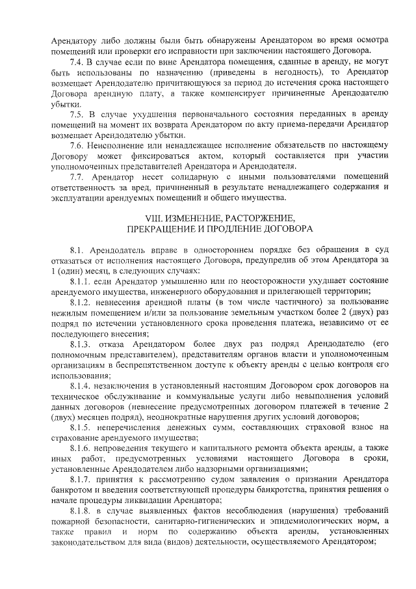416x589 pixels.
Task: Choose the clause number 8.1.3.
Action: [80, 344]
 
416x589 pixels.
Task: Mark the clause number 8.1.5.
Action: [80, 427]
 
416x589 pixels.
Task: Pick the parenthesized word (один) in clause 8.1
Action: [71, 270]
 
